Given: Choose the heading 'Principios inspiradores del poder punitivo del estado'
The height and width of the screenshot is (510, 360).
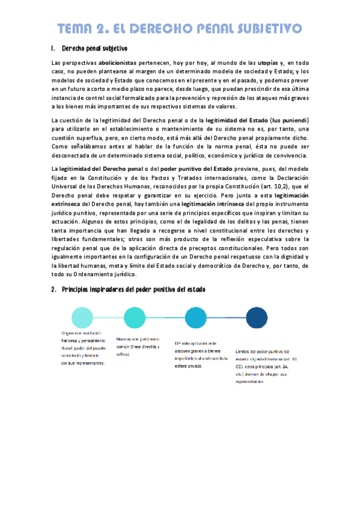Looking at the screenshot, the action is (x=133, y=290).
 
